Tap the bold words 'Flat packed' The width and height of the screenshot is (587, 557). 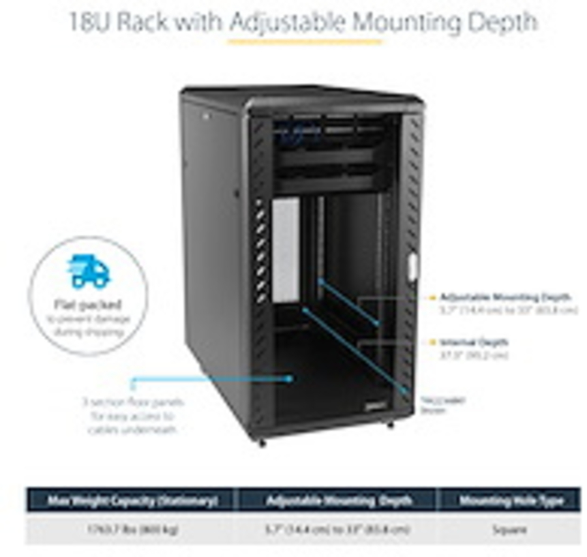pos(88,305)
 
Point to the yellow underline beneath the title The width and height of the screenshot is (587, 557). pos(304,42)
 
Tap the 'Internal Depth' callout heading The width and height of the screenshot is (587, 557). pos(474,342)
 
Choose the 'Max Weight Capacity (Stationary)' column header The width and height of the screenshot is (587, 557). pos(132,501)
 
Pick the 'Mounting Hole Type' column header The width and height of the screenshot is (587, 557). pos(510,501)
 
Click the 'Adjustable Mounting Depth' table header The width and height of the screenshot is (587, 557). pos(339,501)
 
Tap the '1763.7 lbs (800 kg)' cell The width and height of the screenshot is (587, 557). pos(132,529)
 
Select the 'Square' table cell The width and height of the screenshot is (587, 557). pos(510,530)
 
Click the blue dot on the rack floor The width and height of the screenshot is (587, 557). pos(289,378)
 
